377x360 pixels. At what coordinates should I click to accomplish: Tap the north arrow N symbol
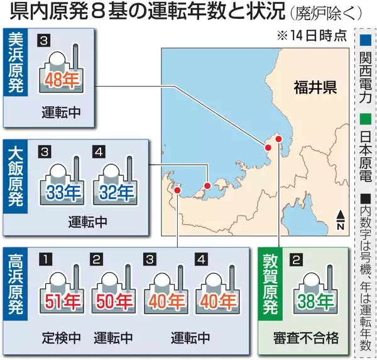click(340, 219)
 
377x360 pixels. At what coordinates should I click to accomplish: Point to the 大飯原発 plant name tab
click(14, 178)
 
